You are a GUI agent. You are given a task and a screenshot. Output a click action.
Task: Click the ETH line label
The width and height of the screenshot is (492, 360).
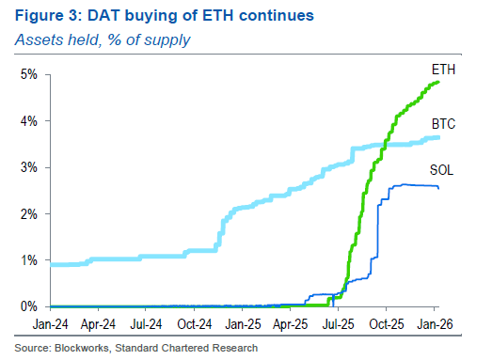coord(443,70)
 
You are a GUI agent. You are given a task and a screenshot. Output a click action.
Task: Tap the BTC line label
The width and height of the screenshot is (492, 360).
coord(444,124)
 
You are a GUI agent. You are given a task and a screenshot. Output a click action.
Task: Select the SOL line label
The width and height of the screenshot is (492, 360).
coord(443,170)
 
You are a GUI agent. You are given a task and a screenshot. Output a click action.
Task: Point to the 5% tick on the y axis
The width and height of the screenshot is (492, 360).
coord(30,74)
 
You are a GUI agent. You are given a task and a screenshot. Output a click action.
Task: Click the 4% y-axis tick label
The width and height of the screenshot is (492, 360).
coord(30,121)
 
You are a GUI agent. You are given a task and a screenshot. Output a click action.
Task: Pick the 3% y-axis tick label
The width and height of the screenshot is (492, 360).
coord(30,167)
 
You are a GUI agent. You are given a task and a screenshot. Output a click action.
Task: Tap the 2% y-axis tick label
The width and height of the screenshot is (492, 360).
coord(30,214)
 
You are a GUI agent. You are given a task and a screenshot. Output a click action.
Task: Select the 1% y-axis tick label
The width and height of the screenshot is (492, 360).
coord(30,260)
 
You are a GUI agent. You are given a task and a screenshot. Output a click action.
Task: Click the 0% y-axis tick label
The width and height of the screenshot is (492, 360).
coord(30,306)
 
